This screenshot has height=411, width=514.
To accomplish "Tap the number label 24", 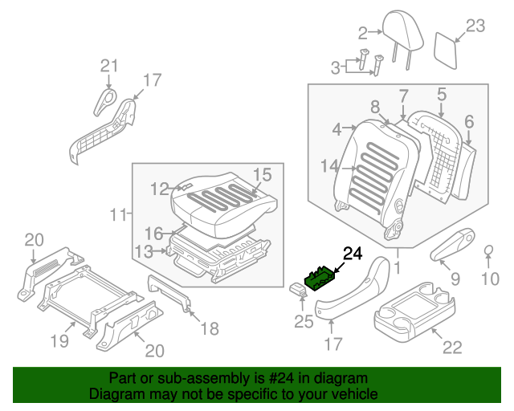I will [x=353, y=254].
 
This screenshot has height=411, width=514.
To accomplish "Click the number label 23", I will [x=475, y=26].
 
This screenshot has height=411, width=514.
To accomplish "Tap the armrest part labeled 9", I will [x=456, y=249].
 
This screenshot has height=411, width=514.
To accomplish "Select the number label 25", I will [x=303, y=322].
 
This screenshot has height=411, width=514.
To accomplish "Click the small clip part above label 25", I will [x=297, y=290].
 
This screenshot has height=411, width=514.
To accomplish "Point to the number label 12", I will [x=160, y=189].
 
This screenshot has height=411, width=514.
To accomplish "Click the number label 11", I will [x=120, y=214].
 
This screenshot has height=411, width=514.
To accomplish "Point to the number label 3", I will [x=337, y=69].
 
